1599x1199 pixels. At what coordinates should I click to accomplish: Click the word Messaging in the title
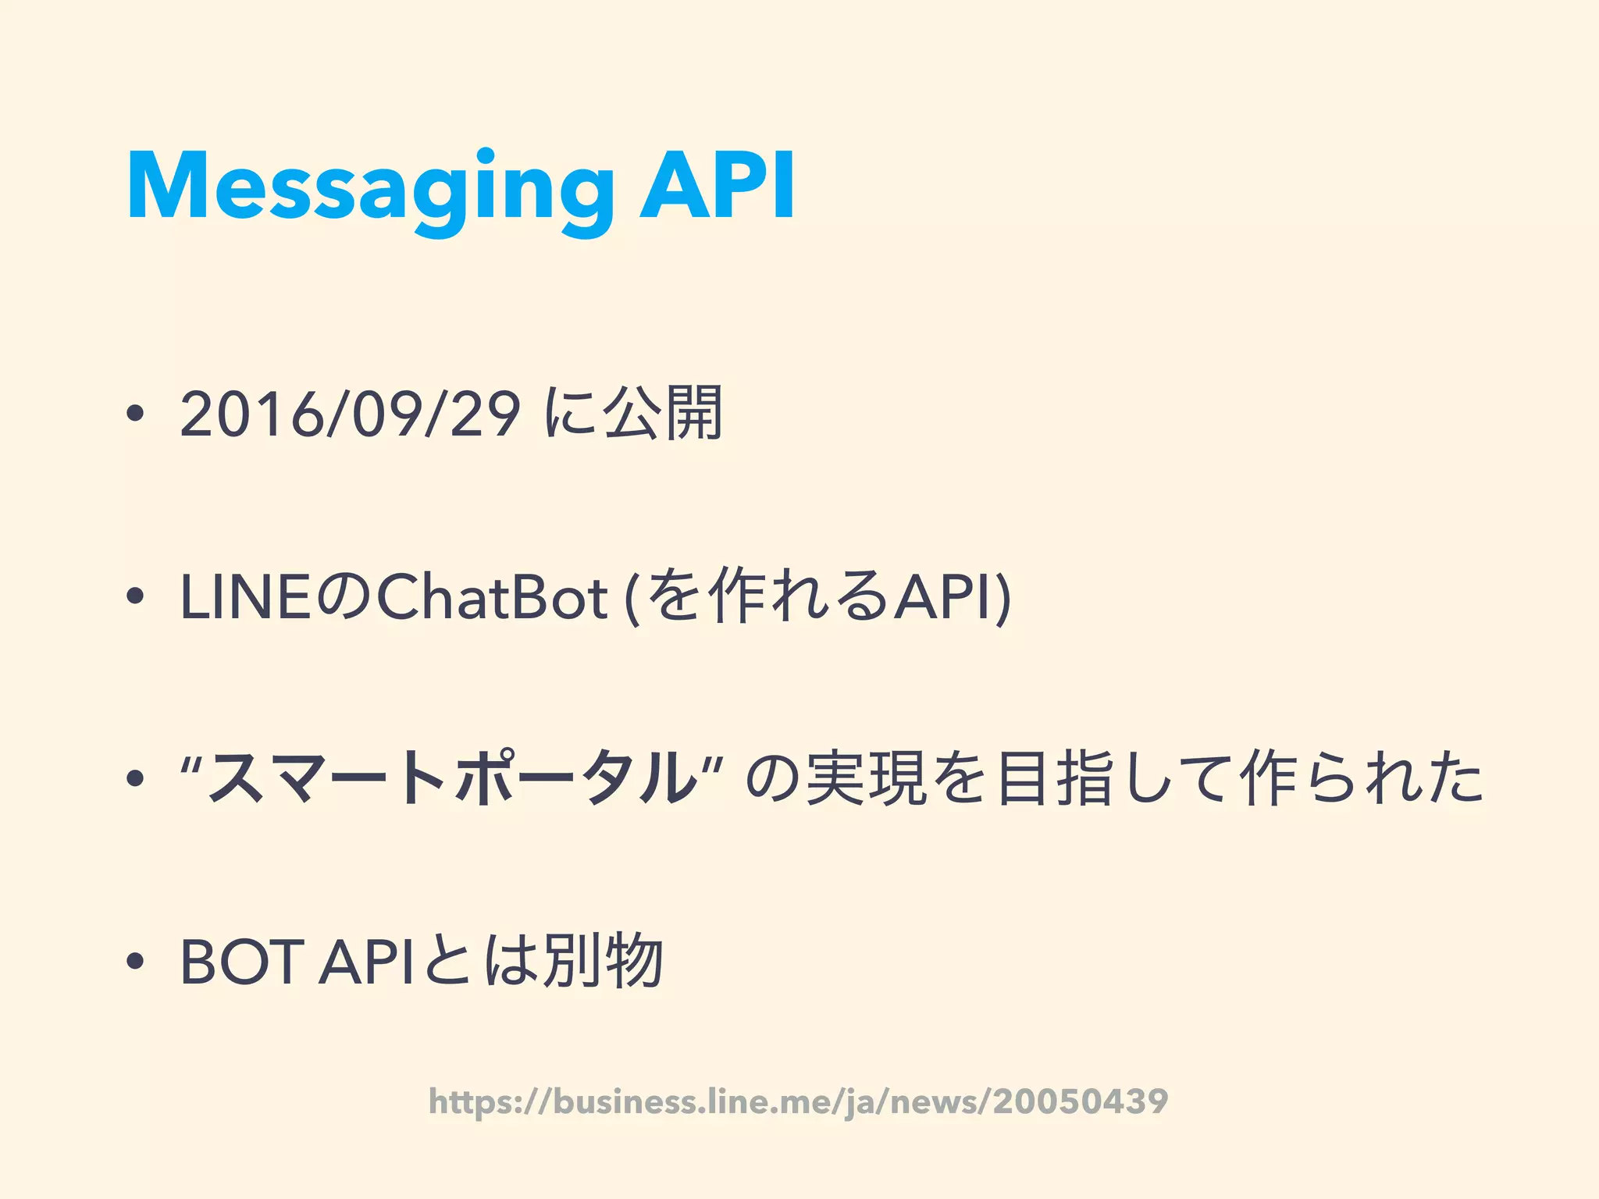[x=370, y=187]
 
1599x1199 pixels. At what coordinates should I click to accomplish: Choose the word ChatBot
[x=492, y=598]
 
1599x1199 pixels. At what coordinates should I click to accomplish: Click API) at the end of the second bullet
[x=953, y=598]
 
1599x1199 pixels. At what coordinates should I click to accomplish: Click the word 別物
[x=604, y=962]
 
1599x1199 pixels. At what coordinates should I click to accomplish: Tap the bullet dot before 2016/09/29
[x=135, y=414]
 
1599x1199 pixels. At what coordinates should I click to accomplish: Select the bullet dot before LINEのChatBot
[x=135, y=597]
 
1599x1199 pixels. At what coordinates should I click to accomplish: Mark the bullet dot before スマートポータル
[x=135, y=778]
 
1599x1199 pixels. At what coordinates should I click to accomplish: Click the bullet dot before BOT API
[x=135, y=962]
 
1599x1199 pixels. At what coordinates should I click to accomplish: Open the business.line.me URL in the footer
[x=798, y=1101]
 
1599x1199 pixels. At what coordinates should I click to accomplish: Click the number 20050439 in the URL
[x=1081, y=1101]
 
